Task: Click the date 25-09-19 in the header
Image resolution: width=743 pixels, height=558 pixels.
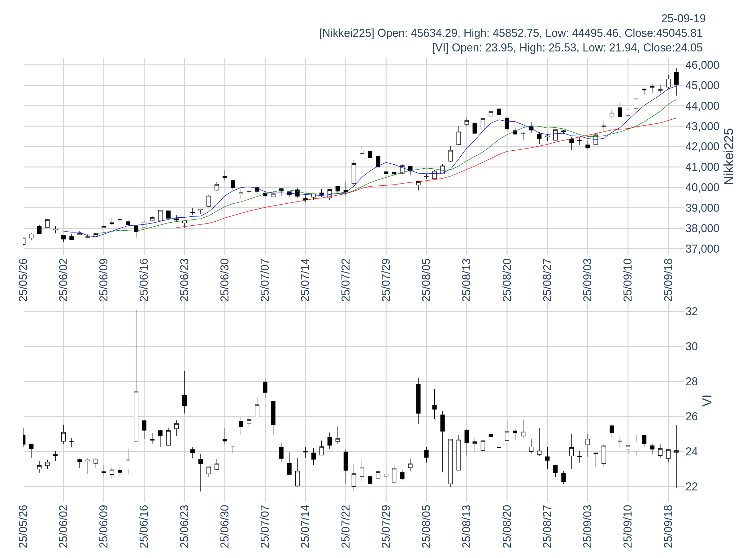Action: (683, 19)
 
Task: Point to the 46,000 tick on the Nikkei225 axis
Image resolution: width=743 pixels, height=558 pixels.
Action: (702, 65)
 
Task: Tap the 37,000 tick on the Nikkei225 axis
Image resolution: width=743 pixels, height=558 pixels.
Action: (702, 249)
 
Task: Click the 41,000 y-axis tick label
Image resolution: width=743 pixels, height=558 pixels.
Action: (702, 167)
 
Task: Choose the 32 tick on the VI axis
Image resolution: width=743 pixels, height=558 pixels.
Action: (691, 312)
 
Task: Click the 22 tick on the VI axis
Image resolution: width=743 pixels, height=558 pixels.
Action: (691, 487)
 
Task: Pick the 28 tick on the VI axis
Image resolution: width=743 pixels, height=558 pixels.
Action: (691, 382)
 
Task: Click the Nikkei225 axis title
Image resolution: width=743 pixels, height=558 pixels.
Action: (728, 157)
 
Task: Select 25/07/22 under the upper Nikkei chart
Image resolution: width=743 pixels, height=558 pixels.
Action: (345, 280)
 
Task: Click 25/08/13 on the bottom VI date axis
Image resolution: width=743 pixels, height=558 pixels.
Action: (467, 526)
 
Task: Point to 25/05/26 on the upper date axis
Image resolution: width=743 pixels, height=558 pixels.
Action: (23, 280)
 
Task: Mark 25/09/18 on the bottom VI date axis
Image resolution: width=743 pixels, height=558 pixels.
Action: (668, 526)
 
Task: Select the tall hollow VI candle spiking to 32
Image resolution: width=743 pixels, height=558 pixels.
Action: (136, 416)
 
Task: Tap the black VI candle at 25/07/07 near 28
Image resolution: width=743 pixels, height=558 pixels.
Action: (265, 387)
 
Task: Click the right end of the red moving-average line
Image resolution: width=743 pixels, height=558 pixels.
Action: (676, 118)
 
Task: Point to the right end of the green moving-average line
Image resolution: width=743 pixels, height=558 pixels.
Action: (676, 100)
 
